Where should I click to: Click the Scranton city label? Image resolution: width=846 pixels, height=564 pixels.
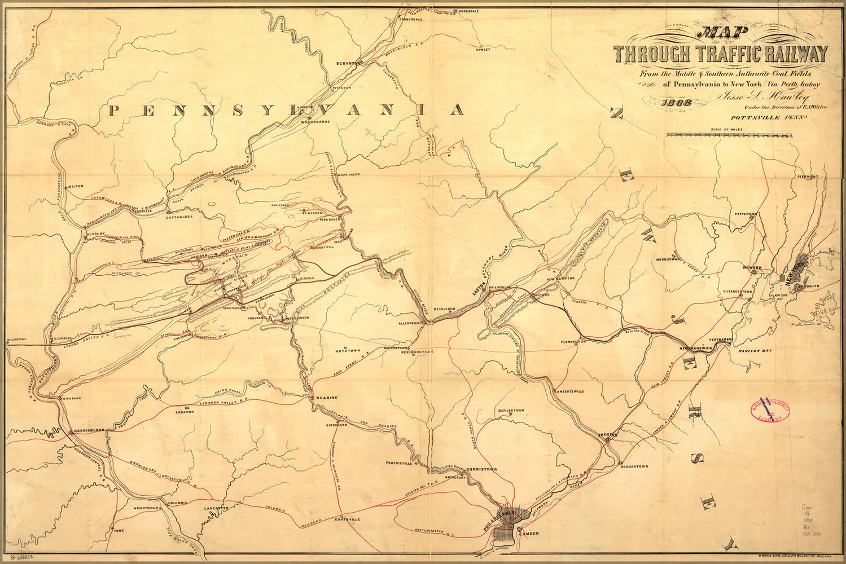[x=348, y=63]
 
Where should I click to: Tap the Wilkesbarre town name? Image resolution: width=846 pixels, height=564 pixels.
[x=315, y=121]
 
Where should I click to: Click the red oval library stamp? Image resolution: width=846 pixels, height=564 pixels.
[x=769, y=412]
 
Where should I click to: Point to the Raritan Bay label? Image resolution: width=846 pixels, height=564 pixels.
[x=751, y=351]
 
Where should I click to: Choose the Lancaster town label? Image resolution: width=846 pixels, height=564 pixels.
[x=216, y=508]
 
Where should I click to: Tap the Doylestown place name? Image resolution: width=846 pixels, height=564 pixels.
[x=511, y=410]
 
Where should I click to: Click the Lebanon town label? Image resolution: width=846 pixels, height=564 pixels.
[x=185, y=411]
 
